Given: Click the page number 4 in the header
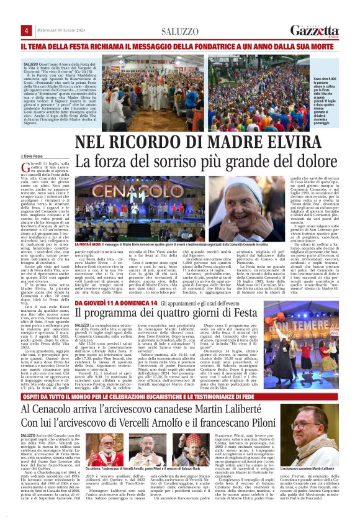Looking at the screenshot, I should (27, 30).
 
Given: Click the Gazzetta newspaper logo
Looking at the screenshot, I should (315, 30).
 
